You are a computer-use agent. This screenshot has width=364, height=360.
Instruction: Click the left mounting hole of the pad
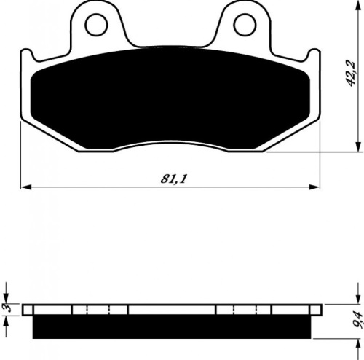tap(96, 25)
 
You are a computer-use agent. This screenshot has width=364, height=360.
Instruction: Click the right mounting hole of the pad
tap(245, 25)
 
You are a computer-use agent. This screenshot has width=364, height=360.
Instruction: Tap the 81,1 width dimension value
tap(174, 179)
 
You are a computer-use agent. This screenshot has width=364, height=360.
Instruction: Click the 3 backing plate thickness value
tap(9, 308)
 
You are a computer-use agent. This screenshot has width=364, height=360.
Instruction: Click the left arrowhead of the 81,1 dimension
tap(26, 187)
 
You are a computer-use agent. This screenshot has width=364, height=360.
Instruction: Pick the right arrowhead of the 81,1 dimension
tap(314, 187)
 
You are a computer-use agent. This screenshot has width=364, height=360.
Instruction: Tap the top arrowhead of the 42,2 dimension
tap(357, 5)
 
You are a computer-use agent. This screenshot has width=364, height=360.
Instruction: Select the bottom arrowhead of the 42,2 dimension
tap(357, 147)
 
